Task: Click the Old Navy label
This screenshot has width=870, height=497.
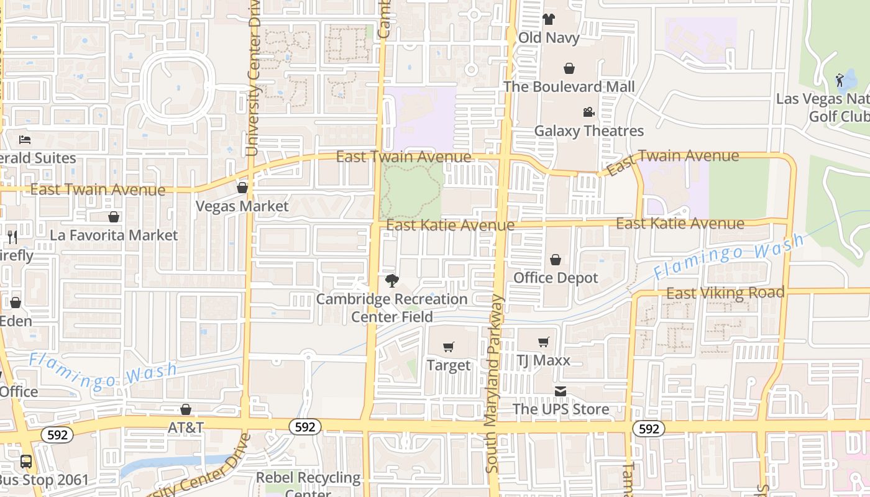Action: (x=549, y=38)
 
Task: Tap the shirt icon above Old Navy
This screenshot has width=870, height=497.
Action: (x=548, y=19)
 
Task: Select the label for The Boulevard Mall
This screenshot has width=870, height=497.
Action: (x=569, y=86)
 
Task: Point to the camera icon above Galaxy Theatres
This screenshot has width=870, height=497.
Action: (x=588, y=112)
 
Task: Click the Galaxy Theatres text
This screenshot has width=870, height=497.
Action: (x=588, y=131)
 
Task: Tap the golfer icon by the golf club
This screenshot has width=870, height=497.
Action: (x=840, y=80)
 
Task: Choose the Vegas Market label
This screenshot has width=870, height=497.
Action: (x=242, y=206)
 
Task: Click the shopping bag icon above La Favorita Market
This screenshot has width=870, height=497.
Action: (x=114, y=217)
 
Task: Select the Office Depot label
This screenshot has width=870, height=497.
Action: (x=556, y=278)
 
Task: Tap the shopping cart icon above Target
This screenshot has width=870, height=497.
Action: (x=448, y=347)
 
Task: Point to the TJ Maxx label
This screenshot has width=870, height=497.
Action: (x=543, y=360)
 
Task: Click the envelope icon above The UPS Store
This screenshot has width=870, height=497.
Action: (x=561, y=391)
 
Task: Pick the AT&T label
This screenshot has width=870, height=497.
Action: (x=186, y=427)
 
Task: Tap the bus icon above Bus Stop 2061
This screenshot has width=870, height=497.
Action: (x=26, y=462)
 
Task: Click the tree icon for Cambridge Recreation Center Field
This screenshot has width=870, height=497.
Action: (x=391, y=281)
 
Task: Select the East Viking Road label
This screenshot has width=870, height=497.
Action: (x=725, y=293)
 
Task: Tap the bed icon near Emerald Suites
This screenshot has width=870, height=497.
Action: (x=25, y=139)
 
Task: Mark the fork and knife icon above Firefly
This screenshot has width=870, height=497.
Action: (x=12, y=237)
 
